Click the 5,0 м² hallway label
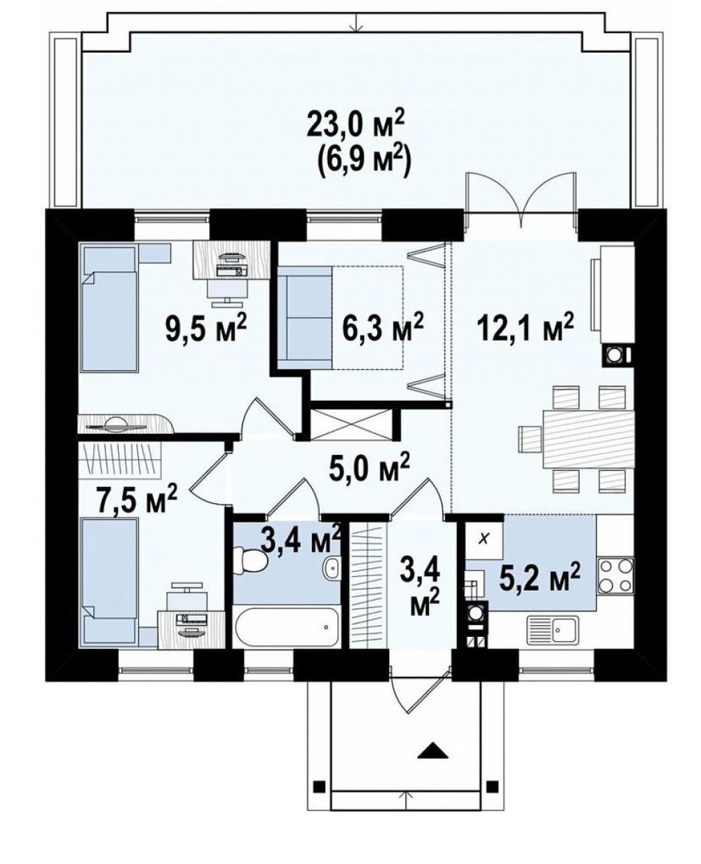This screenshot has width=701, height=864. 367,467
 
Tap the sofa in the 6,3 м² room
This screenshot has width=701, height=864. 305,317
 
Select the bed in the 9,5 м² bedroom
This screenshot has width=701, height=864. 109,307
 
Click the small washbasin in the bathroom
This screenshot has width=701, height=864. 331,567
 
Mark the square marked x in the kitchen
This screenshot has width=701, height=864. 484,539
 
